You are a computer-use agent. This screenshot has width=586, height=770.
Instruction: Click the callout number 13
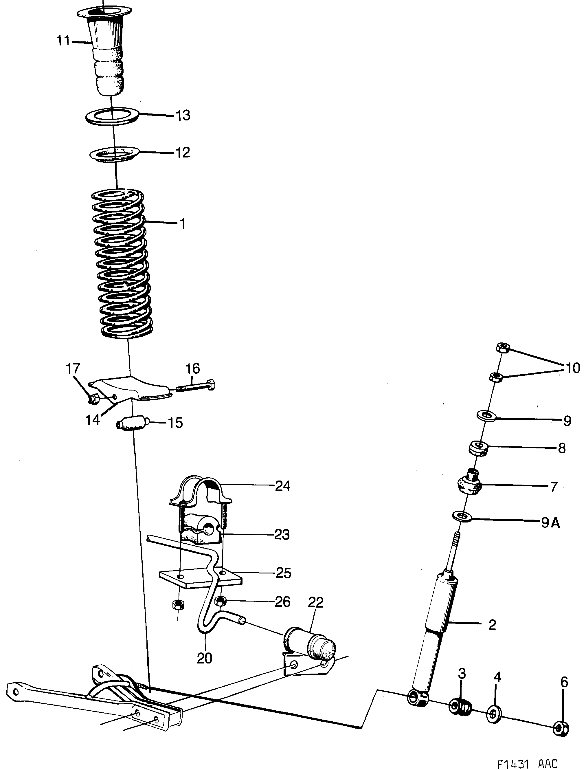[x=183, y=115]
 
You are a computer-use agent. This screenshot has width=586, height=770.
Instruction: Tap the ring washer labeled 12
[x=114, y=154]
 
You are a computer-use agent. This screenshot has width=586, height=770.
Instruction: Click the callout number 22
[x=315, y=602]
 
